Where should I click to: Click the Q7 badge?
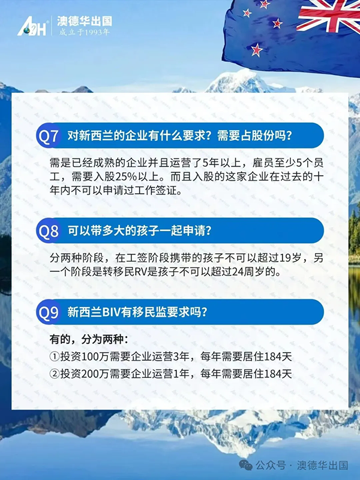coord(49,135)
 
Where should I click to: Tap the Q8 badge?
coord(49,230)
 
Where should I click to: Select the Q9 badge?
coord(49,312)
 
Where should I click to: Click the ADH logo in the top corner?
coord(32,26)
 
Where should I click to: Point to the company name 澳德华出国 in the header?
coord(84,22)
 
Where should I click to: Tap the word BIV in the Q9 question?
coord(107,312)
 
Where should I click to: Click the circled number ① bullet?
coord(54,356)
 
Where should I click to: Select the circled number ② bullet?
coord(54,374)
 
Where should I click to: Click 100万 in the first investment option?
coord(93,356)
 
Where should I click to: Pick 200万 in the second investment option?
coord(93,374)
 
